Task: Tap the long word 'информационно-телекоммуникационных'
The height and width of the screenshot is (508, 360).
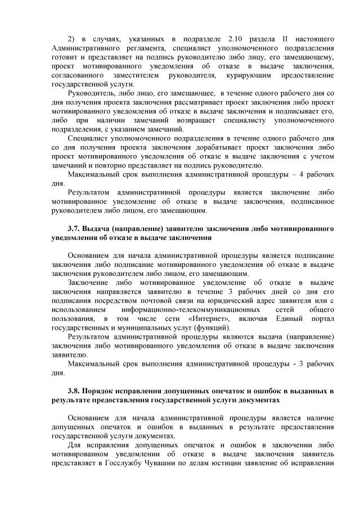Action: tap(188, 309)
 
